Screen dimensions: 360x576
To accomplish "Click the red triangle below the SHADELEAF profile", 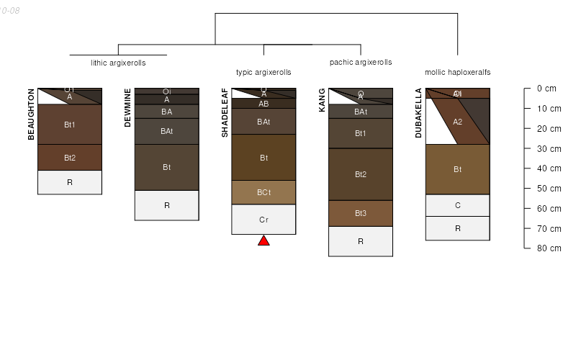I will pyautogui.click(x=264, y=241).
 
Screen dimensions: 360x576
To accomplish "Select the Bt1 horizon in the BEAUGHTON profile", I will pyautogui.click(x=70, y=125).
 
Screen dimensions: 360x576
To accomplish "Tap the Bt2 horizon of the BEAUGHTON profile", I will pyautogui.click(x=70, y=158).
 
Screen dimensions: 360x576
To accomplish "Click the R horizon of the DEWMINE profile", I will pyautogui.click(x=166, y=205).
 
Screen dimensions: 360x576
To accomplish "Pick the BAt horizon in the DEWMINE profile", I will pyautogui.click(x=166, y=131).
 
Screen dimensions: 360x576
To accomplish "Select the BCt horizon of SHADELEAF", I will pyautogui.click(x=264, y=192).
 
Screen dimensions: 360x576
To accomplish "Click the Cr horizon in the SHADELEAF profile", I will pyautogui.click(x=264, y=220).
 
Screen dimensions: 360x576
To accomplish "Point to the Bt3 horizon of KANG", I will pyautogui.click(x=361, y=213).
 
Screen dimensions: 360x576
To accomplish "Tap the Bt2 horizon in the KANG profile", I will pyautogui.click(x=361, y=174).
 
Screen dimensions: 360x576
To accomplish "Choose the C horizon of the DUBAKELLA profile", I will pyautogui.click(x=457, y=205).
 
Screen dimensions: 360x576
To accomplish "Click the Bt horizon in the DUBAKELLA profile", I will pyautogui.click(x=457, y=169).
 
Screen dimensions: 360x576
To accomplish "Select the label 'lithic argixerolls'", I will pyautogui.click(x=118, y=63).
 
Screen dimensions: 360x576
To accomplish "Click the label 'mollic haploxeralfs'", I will pyautogui.click(x=457, y=72).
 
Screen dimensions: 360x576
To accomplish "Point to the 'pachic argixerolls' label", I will pyautogui.click(x=361, y=63).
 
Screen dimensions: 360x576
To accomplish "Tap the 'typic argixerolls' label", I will pyautogui.click(x=264, y=72).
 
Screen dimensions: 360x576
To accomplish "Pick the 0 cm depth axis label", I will pyautogui.click(x=546, y=89).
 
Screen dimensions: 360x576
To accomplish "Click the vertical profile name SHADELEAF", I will pyautogui.click(x=225, y=112).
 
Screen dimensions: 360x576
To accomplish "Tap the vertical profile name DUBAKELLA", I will pyautogui.click(x=418, y=113).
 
